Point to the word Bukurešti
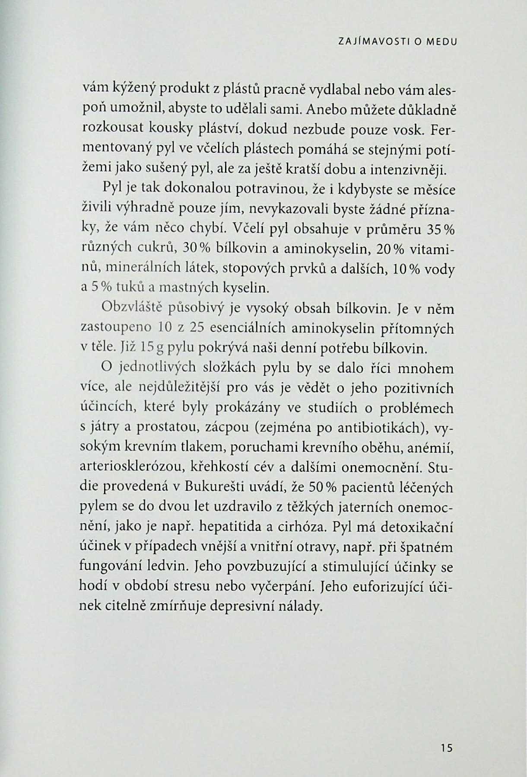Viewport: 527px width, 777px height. (x=215, y=487)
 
